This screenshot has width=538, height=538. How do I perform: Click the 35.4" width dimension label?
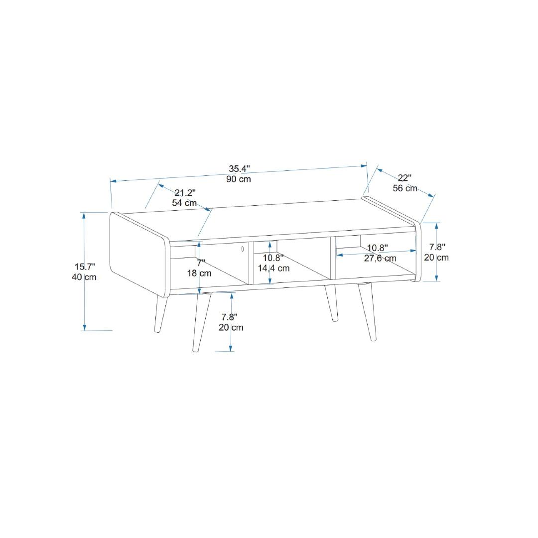(x=239, y=169)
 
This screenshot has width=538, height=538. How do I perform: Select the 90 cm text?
(x=239, y=179)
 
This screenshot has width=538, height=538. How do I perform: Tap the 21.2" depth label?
(x=185, y=192)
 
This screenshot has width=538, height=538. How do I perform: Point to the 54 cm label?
(x=184, y=203)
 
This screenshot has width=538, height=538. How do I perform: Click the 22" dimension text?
(x=404, y=178)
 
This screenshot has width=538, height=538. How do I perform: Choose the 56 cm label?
(x=405, y=188)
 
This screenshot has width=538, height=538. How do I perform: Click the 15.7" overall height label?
(x=85, y=267)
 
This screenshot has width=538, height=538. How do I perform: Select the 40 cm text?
(x=84, y=277)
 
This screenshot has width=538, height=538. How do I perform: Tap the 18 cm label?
(x=199, y=273)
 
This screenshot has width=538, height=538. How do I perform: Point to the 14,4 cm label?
(x=274, y=268)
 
